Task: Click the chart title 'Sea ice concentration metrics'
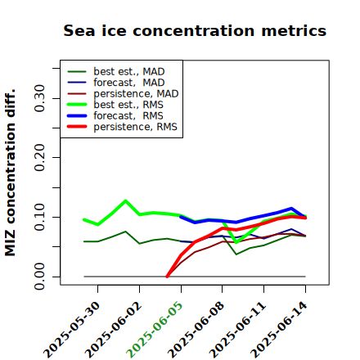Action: tap(195, 30)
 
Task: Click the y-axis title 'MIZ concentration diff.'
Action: tap(10, 173)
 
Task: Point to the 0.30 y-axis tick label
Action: tap(40, 98)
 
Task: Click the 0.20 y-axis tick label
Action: tap(40, 157)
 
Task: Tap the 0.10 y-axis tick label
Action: tap(40, 217)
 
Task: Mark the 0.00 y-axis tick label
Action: tap(40, 277)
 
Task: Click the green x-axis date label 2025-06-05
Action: tap(155, 329)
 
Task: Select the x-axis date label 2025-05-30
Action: tap(72, 329)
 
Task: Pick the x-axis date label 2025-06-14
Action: tap(279, 329)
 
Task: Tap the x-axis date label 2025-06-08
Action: tap(196, 329)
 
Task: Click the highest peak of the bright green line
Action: tap(125, 200)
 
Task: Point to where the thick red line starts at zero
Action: tap(167, 277)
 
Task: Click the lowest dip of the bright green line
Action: tap(236, 242)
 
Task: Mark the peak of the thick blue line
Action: tap(291, 209)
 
